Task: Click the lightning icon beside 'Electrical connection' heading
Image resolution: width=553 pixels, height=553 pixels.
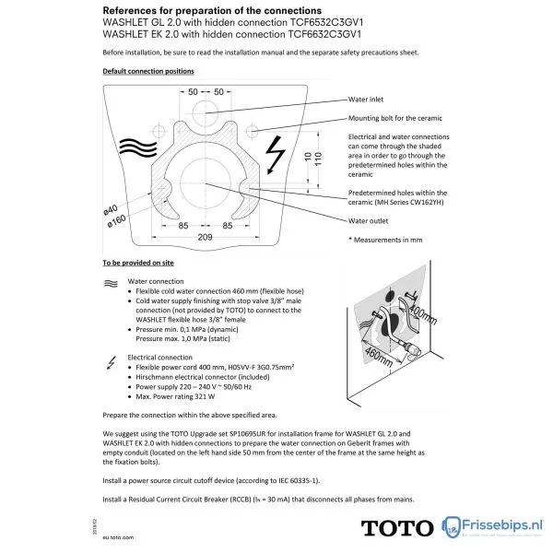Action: (x=110, y=359)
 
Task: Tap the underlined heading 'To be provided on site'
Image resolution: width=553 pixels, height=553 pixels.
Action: (x=137, y=264)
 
